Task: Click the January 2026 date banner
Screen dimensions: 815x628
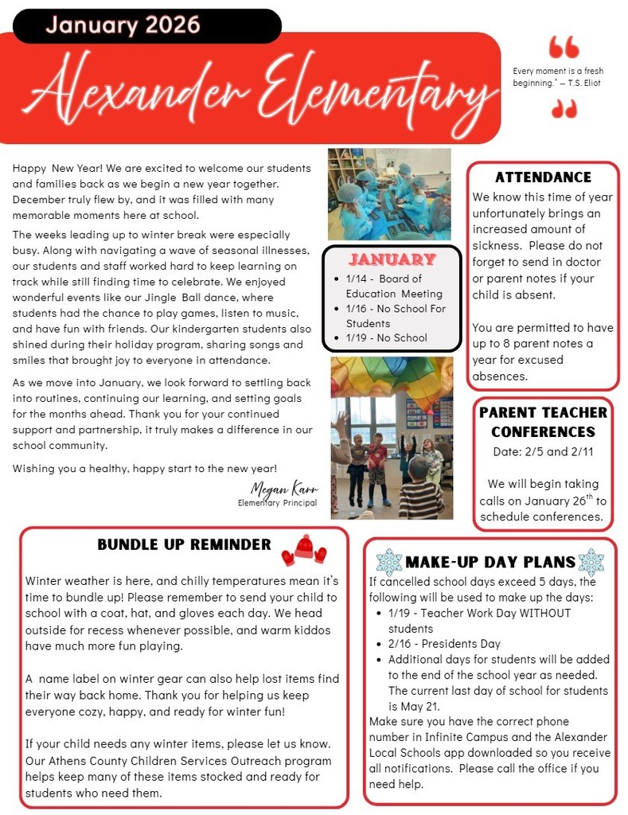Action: (x=123, y=25)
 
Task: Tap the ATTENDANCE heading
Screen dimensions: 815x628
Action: (x=543, y=177)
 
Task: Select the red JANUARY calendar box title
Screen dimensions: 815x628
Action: (x=392, y=259)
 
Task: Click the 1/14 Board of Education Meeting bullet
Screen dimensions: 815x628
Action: (x=390, y=286)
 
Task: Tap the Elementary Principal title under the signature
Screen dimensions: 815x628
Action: (x=277, y=503)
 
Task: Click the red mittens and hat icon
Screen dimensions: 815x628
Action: (x=304, y=548)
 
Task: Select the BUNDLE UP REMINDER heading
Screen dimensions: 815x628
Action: (x=184, y=544)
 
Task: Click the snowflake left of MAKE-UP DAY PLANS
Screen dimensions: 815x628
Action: (x=388, y=562)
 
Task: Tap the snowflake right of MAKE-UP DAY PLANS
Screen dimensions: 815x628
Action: (x=591, y=562)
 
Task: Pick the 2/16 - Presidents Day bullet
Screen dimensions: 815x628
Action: (x=444, y=643)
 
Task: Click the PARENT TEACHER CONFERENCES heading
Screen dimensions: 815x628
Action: (x=543, y=422)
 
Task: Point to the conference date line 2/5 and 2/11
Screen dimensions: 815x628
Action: (x=543, y=451)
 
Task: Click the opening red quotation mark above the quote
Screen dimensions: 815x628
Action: (x=564, y=48)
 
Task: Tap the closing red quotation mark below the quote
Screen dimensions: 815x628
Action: (x=564, y=108)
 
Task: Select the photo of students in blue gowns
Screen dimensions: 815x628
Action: (x=389, y=193)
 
